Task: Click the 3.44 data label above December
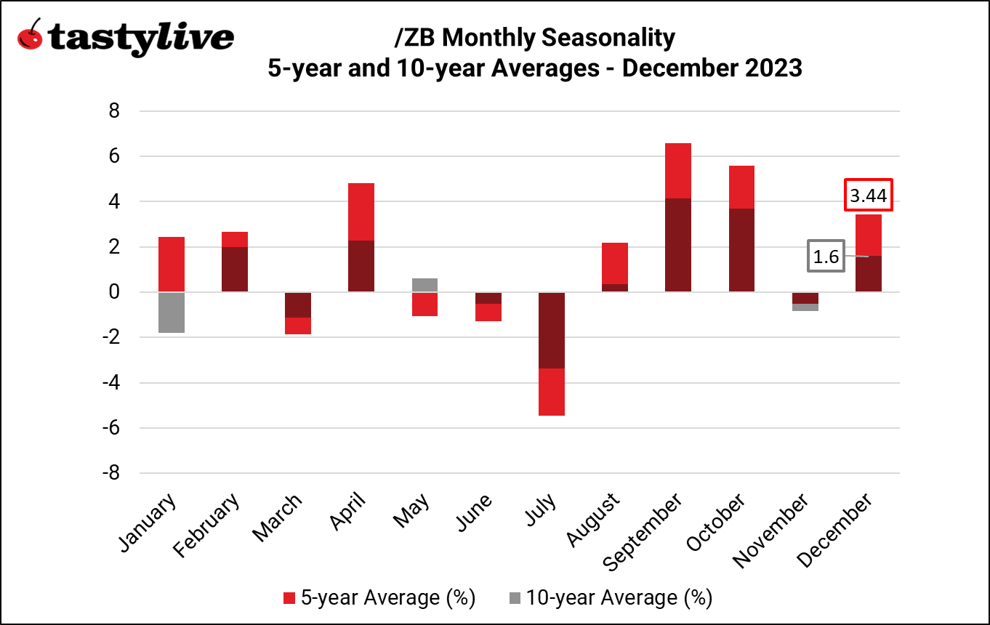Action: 868,195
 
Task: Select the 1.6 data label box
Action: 826,257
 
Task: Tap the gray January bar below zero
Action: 172,312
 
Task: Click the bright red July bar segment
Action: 551,392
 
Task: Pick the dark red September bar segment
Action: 677,245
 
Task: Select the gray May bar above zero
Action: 424,285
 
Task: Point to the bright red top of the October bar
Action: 741,187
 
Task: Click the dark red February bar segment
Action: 235,270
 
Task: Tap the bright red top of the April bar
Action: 361,211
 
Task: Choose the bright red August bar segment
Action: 614,263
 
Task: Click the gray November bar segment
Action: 805,307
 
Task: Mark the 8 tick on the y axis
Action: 113,111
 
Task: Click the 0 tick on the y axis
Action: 113,292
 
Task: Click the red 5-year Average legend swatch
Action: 290,598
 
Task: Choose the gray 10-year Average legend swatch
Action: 515,598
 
